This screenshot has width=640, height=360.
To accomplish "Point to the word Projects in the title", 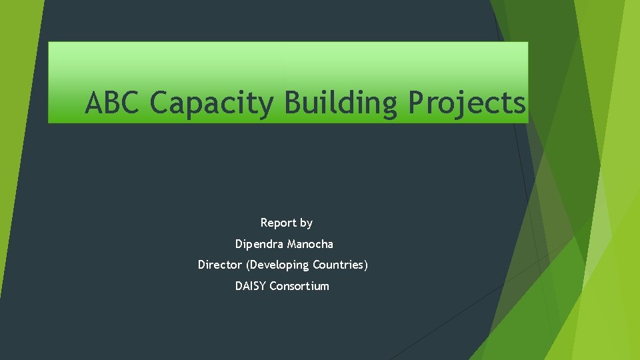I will pos(467,104).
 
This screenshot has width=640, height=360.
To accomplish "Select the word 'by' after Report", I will pos(306,223).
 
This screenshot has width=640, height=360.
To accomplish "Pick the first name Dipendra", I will pos(260,244).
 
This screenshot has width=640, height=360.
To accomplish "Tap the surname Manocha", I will pos(311,244).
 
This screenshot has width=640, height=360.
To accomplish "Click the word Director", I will pos(219,265).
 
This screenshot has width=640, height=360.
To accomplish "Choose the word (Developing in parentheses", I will pos(277,265).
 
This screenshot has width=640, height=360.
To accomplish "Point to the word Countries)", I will pos(340,265).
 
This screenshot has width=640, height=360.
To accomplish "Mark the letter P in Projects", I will pos(417,103).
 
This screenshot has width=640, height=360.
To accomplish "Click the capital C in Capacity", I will pos(161,103).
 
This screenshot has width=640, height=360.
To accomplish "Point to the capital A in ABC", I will pos(95,103).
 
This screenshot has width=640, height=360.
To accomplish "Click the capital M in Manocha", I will pos(292,244).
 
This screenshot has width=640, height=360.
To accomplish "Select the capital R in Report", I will pos(264,223).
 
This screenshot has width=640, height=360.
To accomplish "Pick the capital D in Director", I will pos(201,265).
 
